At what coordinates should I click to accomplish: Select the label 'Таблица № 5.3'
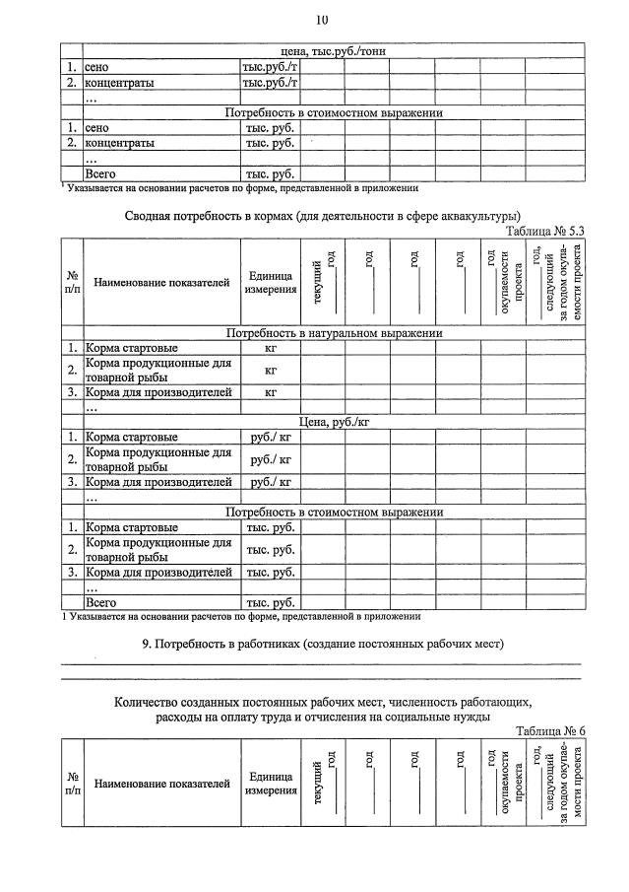[x=545, y=231]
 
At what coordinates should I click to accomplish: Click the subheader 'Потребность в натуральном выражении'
[x=334, y=333]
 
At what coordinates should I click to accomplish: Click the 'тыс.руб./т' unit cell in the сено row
[x=270, y=67]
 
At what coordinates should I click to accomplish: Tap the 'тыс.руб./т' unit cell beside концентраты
[x=270, y=83]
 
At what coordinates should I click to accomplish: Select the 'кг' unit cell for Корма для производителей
[x=270, y=392]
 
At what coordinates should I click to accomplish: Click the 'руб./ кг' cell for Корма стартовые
[x=270, y=437]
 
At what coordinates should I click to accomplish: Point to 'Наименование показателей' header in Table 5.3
[x=162, y=284]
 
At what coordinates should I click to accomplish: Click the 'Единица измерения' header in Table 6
[x=271, y=784]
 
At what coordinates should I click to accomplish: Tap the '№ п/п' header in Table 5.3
[x=72, y=284]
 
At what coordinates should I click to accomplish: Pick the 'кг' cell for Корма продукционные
[x=270, y=370]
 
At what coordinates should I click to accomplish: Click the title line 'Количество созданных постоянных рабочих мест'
[x=322, y=702]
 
